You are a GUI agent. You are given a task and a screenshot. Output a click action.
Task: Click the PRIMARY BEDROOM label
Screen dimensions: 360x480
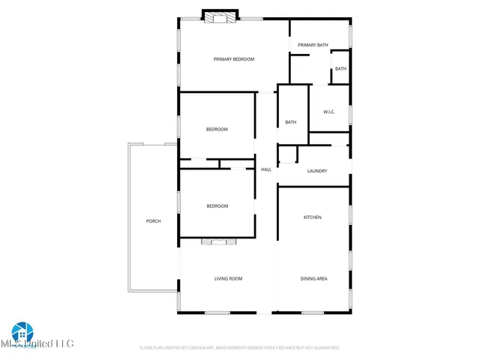[234, 59]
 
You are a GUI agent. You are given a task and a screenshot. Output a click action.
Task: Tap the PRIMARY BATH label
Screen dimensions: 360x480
[313, 45]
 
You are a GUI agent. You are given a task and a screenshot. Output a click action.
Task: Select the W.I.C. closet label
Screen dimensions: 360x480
[328, 112]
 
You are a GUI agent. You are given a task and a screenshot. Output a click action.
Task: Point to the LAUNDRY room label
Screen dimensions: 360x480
[317, 171]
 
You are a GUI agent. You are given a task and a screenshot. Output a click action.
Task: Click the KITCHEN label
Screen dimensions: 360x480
[312, 217]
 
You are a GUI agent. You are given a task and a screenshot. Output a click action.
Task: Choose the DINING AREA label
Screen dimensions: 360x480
[313, 279]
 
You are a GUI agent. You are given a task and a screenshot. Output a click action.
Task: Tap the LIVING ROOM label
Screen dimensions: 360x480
[229, 279]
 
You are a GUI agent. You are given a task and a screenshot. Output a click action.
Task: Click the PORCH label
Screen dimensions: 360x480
[153, 221]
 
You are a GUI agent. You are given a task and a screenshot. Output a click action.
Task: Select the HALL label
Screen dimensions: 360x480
[266, 169]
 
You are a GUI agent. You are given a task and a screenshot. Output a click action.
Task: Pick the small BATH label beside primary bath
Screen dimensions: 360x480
[340, 69]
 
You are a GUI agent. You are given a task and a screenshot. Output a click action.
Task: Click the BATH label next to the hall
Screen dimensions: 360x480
[291, 122]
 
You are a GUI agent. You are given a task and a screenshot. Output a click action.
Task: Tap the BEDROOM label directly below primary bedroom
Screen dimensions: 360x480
[217, 129]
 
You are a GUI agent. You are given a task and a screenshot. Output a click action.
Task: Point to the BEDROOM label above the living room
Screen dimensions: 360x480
[217, 206]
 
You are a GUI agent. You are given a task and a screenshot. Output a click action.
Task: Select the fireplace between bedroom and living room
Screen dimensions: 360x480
[219, 241]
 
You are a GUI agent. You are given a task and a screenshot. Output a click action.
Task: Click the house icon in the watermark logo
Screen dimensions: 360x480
[22, 331]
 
